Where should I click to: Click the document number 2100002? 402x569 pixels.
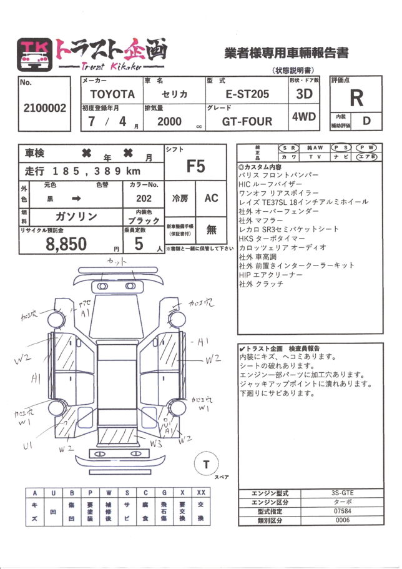[44, 107]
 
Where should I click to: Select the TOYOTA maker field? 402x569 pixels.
[112, 94]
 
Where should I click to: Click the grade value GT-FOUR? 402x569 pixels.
[247, 121]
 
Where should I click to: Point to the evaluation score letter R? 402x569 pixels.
[356, 97]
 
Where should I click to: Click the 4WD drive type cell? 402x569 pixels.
[303, 117]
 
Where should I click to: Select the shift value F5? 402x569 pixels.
[195, 166]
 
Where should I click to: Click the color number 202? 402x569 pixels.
[144, 198]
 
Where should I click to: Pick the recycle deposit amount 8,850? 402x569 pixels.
[67, 244]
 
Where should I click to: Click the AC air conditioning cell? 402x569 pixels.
[211, 197]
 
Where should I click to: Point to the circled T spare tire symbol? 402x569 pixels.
[205, 464]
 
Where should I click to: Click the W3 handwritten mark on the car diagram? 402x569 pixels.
[157, 443]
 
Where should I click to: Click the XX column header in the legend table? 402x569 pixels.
[200, 493]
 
